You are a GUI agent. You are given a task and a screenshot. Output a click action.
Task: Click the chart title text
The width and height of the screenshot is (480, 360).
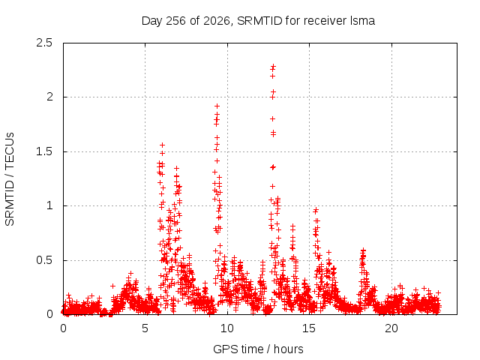258,21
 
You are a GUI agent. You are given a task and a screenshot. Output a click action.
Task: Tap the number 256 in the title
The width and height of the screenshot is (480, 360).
176,21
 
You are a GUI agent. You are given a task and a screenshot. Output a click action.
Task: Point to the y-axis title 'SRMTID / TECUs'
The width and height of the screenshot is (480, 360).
10,179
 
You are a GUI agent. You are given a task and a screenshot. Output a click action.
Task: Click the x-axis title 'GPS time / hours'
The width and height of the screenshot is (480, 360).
258,349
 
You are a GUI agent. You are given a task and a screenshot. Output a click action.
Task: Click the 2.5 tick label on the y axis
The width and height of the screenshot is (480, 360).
44,43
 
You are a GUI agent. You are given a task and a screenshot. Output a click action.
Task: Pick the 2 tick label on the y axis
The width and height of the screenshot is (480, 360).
49,97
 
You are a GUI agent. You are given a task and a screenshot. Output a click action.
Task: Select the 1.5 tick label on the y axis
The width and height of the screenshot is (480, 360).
44,151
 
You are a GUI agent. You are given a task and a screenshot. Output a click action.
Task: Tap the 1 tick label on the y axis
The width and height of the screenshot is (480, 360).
49,205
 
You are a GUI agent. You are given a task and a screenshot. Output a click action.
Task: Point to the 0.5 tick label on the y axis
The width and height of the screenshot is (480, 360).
44,260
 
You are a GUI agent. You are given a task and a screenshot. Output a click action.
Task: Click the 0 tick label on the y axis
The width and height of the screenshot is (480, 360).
49,314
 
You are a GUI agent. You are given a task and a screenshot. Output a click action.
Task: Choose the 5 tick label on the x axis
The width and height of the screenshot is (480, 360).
145,328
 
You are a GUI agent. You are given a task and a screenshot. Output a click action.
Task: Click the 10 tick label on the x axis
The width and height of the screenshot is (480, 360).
226,328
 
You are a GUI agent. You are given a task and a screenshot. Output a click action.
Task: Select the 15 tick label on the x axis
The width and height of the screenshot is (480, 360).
309,328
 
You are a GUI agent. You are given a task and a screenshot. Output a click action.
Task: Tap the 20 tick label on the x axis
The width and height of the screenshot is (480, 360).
391,328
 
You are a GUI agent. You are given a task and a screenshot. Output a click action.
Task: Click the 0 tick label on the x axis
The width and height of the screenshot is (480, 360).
63,328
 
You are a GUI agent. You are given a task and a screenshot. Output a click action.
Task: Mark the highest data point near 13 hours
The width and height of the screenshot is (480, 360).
273,66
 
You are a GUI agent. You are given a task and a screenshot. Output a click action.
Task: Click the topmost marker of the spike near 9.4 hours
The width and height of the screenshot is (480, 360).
217,106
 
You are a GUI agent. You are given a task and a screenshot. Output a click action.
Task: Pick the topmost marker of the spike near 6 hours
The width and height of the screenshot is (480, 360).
163,145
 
